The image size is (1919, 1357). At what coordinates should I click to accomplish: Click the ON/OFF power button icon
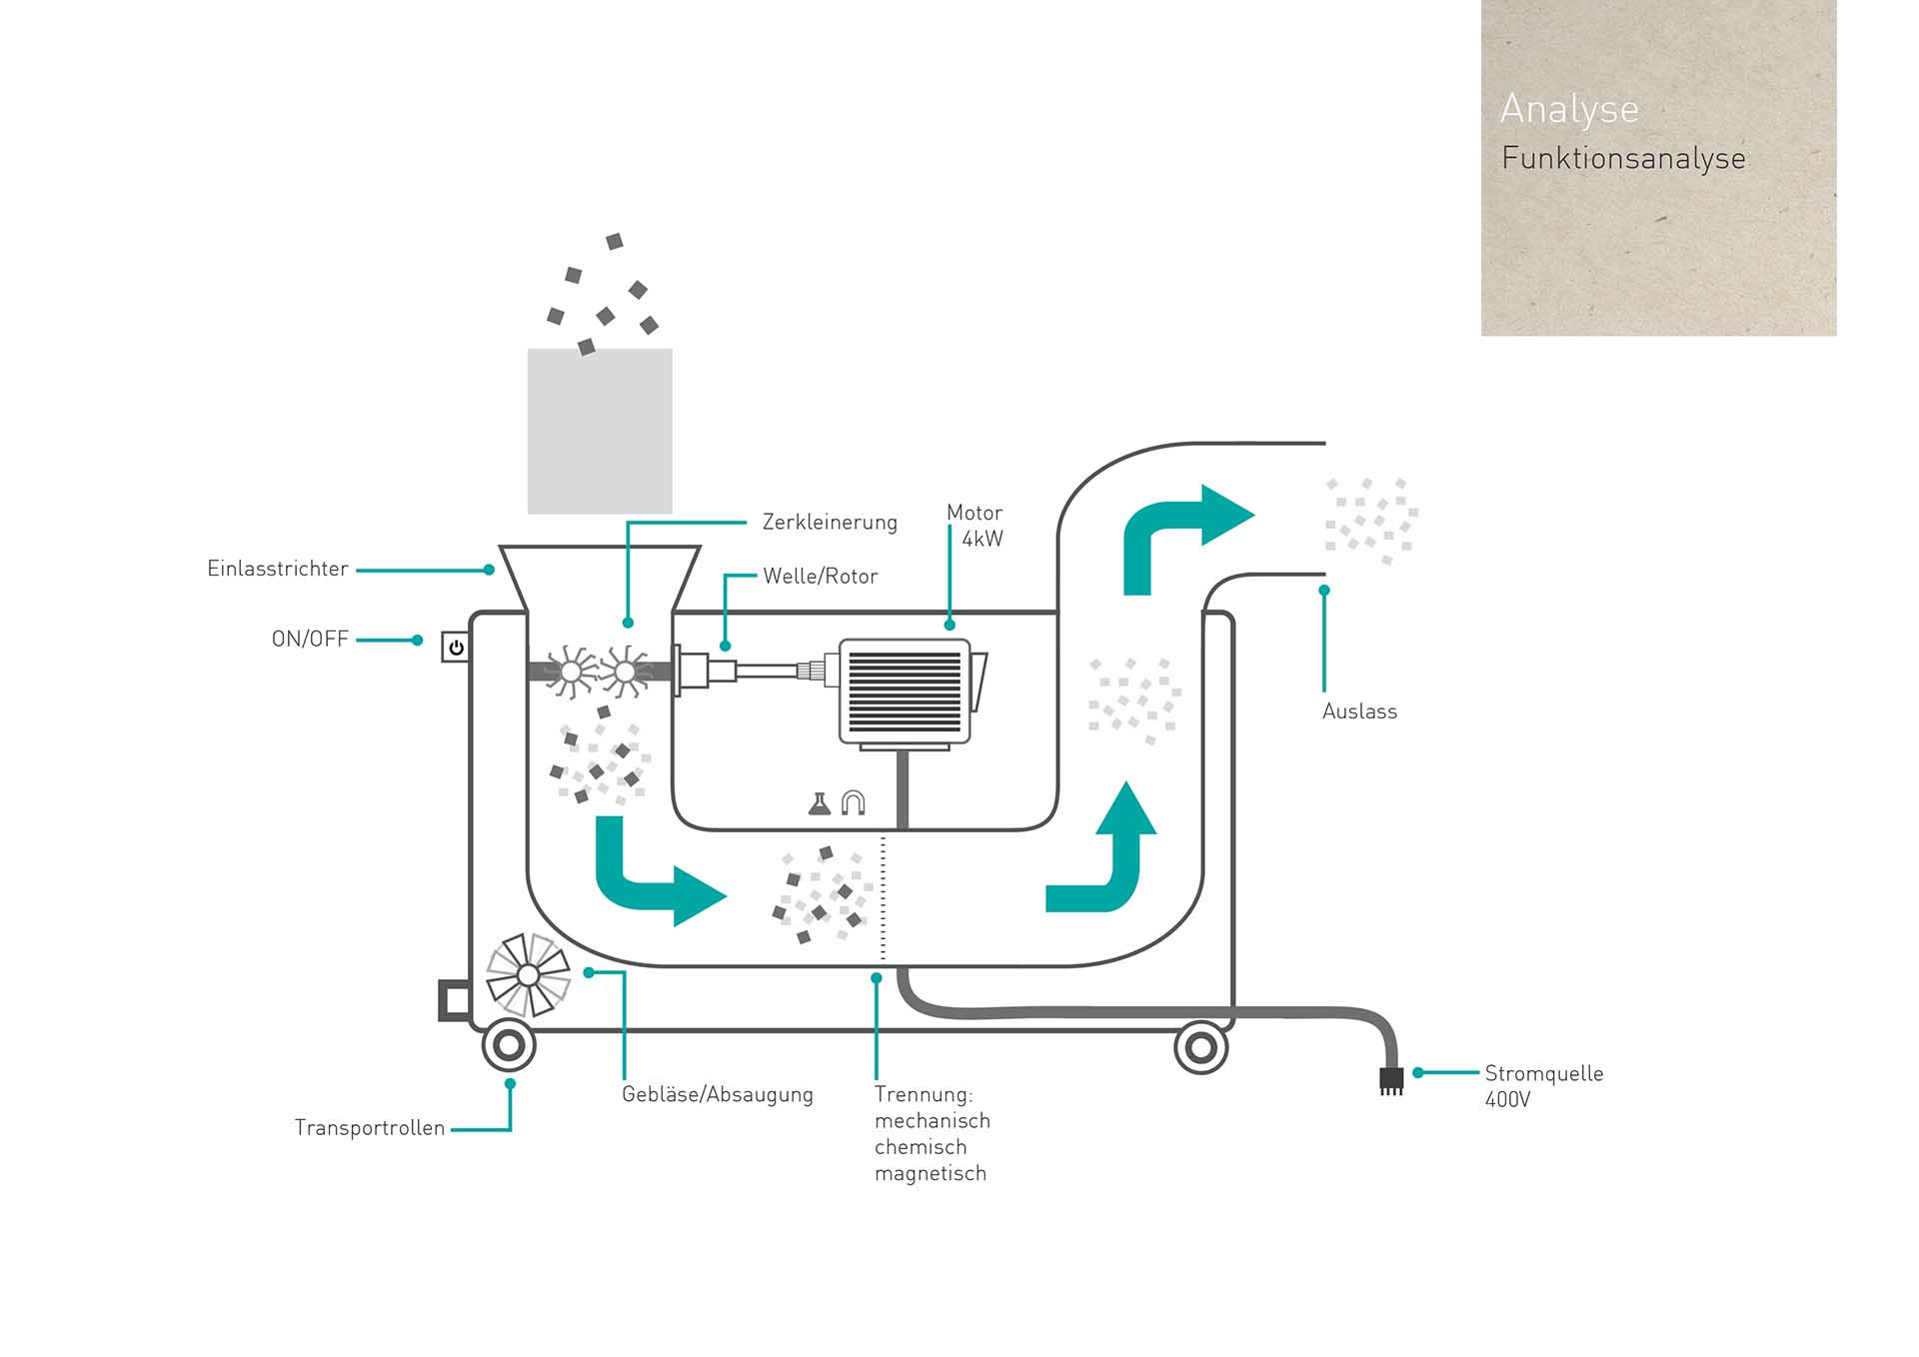[456, 648]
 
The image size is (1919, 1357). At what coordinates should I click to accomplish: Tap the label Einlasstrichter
[278, 569]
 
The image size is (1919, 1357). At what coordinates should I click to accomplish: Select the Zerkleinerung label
[830, 522]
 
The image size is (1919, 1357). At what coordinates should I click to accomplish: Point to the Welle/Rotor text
[820, 577]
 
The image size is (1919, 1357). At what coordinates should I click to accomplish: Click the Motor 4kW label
[975, 526]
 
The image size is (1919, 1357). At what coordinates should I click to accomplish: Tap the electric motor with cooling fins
[906, 691]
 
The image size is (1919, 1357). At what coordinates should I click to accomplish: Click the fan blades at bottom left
[528, 974]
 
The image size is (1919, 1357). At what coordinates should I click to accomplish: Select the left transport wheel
[509, 1046]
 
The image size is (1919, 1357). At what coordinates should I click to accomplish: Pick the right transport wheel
[1200, 1048]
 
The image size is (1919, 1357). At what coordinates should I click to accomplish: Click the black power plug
[1391, 1080]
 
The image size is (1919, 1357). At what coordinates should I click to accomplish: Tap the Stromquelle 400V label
[1543, 1086]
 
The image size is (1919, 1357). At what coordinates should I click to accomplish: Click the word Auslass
[1359, 711]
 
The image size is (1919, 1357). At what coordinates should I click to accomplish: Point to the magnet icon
[853, 802]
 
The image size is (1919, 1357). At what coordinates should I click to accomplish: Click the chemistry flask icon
[820, 803]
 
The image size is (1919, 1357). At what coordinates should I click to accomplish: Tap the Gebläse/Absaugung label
[718, 1094]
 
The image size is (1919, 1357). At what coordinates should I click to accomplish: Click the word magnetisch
[931, 1173]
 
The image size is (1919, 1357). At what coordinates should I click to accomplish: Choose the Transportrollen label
[370, 1128]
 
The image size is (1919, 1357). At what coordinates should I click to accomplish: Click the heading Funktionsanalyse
[1623, 158]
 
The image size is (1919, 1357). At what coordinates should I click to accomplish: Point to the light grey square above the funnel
[600, 432]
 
